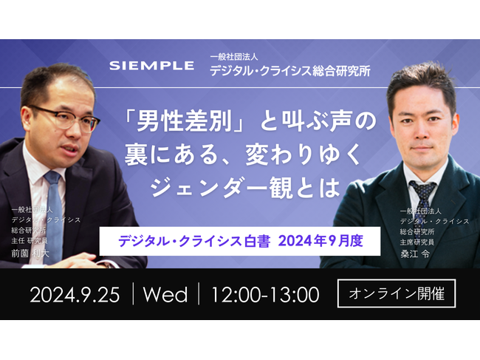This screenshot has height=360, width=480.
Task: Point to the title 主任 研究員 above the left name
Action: pyautogui.click(x=35, y=240)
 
